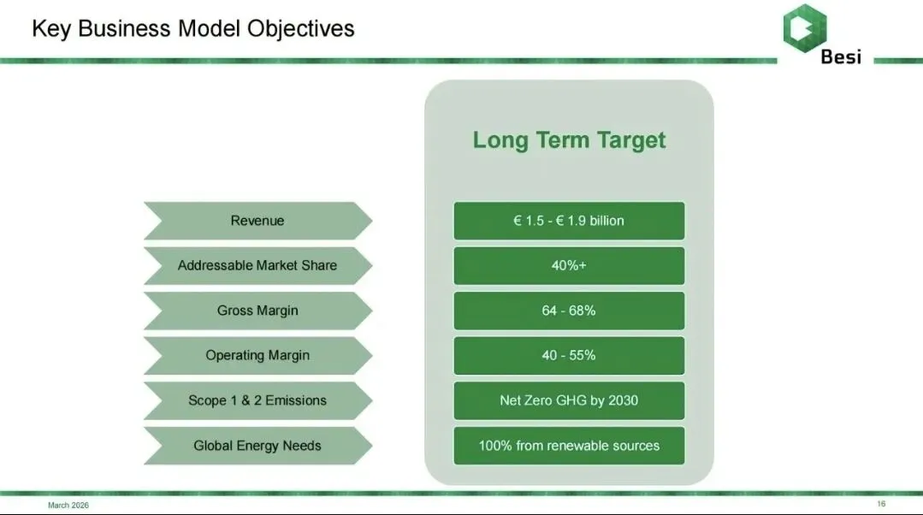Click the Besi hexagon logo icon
[805, 27]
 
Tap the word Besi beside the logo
[841, 56]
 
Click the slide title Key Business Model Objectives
[193, 28]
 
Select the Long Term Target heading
[569, 140]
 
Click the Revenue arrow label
[257, 221]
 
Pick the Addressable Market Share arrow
[257, 265]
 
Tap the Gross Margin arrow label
[257, 311]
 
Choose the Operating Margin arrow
[257, 356]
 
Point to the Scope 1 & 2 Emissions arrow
[257, 400]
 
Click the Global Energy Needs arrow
[257, 446]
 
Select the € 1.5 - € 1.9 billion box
[569, 221]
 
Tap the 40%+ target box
[569, 265]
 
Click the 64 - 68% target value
[569, 311]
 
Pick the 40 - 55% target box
[569, 356]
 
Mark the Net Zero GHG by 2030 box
[569, 400]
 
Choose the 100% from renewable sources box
[569, 446]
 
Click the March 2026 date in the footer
[68, 505]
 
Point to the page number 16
[881, 504]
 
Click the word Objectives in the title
[301, 29]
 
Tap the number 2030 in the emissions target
[623, 400]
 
